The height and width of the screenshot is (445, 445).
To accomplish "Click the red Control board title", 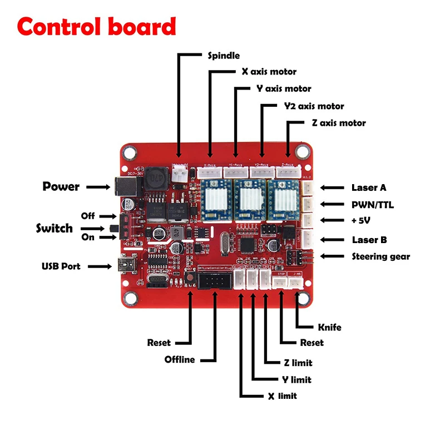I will [x=96, y=27].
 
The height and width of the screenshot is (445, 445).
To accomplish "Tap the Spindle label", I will [x=224, y=56].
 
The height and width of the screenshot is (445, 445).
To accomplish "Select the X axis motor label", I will [x=269, y=72].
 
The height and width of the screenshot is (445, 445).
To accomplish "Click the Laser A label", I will [x=369, y=188].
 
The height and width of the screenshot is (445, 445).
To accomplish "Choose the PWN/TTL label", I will [x=373, y=205].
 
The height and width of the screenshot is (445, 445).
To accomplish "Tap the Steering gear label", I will [x=380, y=256].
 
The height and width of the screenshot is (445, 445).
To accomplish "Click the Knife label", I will [x=329, y=327].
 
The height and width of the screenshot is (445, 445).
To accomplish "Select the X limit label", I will [x=282, y=395].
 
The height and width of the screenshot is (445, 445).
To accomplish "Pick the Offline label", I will [x=180, y=359].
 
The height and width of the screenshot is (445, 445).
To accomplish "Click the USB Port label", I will [x=61, y=266].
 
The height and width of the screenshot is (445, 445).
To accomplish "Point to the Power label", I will [x=61, y=186].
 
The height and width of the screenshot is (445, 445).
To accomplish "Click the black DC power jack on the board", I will [x=120, y=186].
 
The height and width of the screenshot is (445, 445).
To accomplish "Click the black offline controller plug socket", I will [x=212, y=281].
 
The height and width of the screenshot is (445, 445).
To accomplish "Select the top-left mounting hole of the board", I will [x=131, y=151].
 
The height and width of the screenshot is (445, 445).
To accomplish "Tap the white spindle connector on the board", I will [x=179, y=173].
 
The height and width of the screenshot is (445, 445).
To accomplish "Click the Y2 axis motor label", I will [x=314, y=106].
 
